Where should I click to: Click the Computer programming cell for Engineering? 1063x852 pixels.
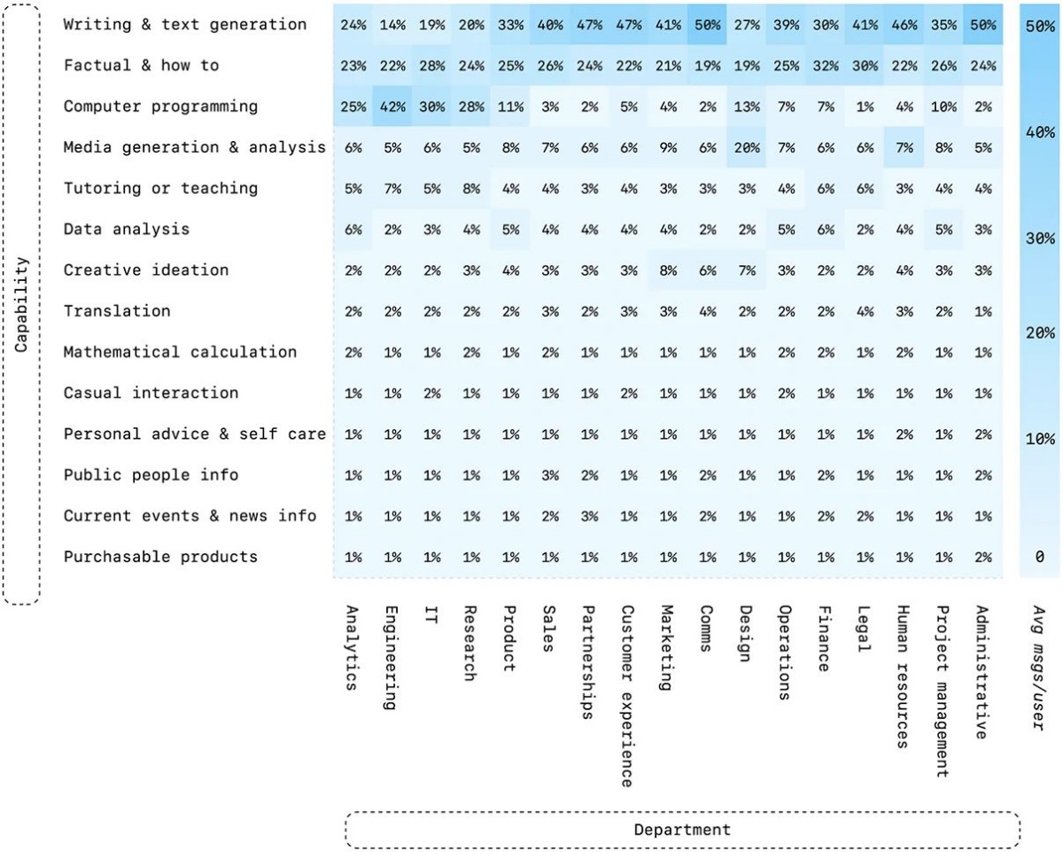pos(392,106)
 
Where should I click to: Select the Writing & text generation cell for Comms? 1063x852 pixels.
pos(708,24)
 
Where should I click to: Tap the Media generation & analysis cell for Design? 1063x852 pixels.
pos(747,147)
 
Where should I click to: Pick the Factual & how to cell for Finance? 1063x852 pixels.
pos(826,66)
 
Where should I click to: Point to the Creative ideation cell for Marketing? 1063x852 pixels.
pos(668,270)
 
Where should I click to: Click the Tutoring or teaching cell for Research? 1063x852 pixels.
pos(471,189)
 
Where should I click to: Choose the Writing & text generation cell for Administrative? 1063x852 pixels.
pos(983,24)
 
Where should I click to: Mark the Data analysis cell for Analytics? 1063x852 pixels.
pos(353,230)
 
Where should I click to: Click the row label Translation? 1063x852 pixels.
pos(117,311)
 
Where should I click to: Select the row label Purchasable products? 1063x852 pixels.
pos(160,557)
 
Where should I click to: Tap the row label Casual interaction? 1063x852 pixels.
pos(151,393)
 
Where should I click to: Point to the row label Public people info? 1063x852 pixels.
pos(151,475)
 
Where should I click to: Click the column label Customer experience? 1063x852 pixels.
pos(627,696)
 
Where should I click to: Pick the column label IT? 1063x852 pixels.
pos(431,614)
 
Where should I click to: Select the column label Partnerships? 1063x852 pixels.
pos(588,662)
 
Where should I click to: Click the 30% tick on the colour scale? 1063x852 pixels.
pos(1040,238)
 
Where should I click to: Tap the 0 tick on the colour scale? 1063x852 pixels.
pos(1040,557)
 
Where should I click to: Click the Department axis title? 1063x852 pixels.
pos(682,830)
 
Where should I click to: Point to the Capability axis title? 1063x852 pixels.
pos(21,305)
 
